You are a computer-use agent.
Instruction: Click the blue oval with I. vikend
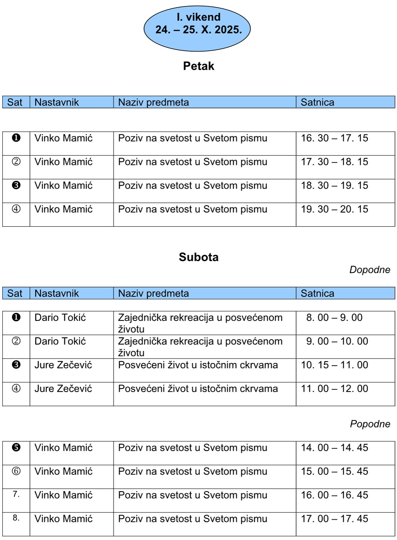(x=197, y=28)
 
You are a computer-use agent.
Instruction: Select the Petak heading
(x=198, y=66)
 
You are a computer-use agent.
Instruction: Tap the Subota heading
(x=198, y=257)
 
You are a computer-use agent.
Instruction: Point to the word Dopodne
(x=369, y=270)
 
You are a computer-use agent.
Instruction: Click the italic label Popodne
(x=370, y=424)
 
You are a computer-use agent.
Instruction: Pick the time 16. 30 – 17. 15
(x=334, y=138)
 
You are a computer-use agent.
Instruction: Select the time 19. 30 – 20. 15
(x=334, y=209)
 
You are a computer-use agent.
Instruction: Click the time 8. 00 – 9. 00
(x=334, y=318)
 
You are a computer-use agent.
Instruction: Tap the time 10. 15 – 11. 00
(x=334, y=365)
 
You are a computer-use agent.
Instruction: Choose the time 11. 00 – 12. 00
(x=334, y=389)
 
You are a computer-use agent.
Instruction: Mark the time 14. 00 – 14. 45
(x=334, y=448)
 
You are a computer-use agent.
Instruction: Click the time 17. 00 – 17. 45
(x=334, y=519)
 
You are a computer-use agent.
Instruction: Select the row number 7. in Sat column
(x=16, y=494)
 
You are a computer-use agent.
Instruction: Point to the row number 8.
(x=16, y=518)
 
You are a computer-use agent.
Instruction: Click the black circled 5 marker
(x=16, y=447)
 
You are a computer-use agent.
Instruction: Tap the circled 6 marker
(x=16, y=471)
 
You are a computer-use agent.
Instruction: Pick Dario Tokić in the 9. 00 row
(x=60, y=342)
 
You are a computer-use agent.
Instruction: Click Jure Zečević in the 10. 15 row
(x=63, y=365)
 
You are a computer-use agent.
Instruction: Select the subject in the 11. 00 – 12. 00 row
(x=198, y=389)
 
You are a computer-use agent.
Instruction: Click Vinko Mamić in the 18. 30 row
(x=63, y=186)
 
